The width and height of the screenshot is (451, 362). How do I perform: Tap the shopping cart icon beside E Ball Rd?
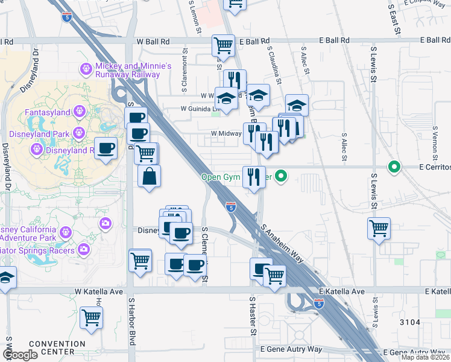tap(223, 45)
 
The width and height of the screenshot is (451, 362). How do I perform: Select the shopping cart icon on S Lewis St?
tap(379, 228)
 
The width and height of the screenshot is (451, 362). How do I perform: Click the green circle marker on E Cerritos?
tap(394, 167)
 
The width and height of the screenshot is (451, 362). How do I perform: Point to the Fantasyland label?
tap(47, 112)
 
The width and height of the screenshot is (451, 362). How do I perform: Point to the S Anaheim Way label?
tap(282, 243)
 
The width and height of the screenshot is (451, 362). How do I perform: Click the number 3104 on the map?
tap(409, 322)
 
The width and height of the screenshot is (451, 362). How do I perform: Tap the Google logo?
tap(20, 355)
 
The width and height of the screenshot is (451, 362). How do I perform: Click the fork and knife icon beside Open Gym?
tap(254, 177)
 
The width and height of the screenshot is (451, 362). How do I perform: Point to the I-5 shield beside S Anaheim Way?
tap(231, 207)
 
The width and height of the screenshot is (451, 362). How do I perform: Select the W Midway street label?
tap(226, 134)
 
